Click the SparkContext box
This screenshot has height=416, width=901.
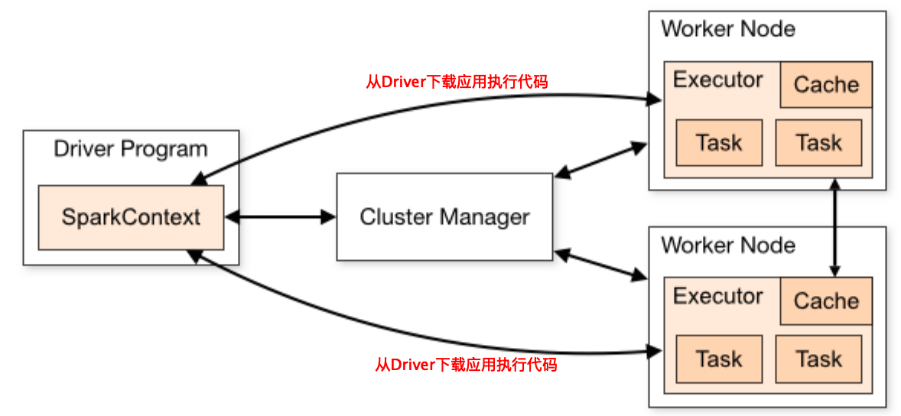(131, 216)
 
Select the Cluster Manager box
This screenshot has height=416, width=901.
(444, 216)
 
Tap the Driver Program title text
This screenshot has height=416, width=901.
(131, 148)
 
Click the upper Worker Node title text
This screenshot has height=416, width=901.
(728, 29)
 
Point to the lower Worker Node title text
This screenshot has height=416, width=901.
(728, 245)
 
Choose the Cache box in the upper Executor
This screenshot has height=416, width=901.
(826, 84)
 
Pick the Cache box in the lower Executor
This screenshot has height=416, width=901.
(826, 301)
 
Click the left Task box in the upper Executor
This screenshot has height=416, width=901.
(719, 142)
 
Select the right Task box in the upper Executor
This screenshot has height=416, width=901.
(818, 142)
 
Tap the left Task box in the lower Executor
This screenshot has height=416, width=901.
(719, 359)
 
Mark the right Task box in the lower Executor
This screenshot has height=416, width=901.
(818, 359)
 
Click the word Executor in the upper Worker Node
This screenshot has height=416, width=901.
(717, 80)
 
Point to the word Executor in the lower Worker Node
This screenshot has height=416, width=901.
(717, 296)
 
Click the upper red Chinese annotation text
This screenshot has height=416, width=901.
(457, 82)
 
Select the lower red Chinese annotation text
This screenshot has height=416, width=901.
(466, 364)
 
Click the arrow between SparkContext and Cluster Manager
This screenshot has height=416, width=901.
(280, 217)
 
